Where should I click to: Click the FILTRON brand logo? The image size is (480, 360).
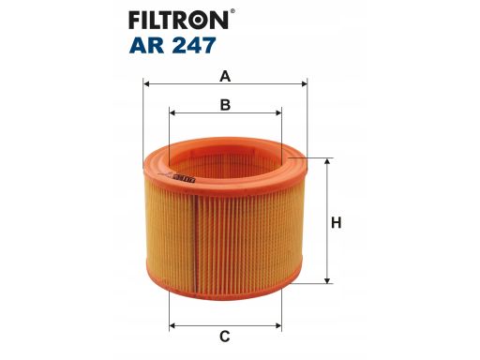coord(178,21)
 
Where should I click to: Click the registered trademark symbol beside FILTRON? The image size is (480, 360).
coord(232,11)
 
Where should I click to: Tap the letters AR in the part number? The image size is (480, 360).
coord(146,45)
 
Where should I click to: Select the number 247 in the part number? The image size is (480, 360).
coord(193,45)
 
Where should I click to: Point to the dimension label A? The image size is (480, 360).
coord(225,76)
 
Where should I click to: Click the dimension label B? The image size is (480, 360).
coord(225,105)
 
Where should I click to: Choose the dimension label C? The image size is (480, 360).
coord(225,337)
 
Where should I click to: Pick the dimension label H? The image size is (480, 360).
coord(337,223)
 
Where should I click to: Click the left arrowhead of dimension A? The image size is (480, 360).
coord(146,83)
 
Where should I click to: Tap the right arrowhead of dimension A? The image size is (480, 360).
coord(304,83)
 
